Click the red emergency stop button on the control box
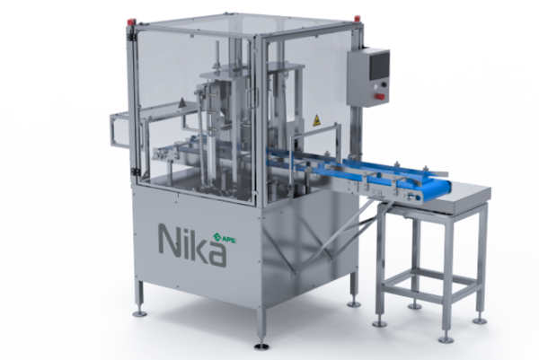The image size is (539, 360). tap(381, 96)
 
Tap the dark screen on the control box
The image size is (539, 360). tap(379, 66)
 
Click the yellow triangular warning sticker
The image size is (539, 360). tap(316, 120)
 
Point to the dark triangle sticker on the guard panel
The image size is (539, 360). tap(181, 103)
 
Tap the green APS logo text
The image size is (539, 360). tap(228, 240)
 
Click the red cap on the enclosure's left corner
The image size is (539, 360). tap(131, 22)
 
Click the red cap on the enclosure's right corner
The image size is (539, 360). tap(358, 18)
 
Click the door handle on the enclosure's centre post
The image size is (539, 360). tap(255, 98)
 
